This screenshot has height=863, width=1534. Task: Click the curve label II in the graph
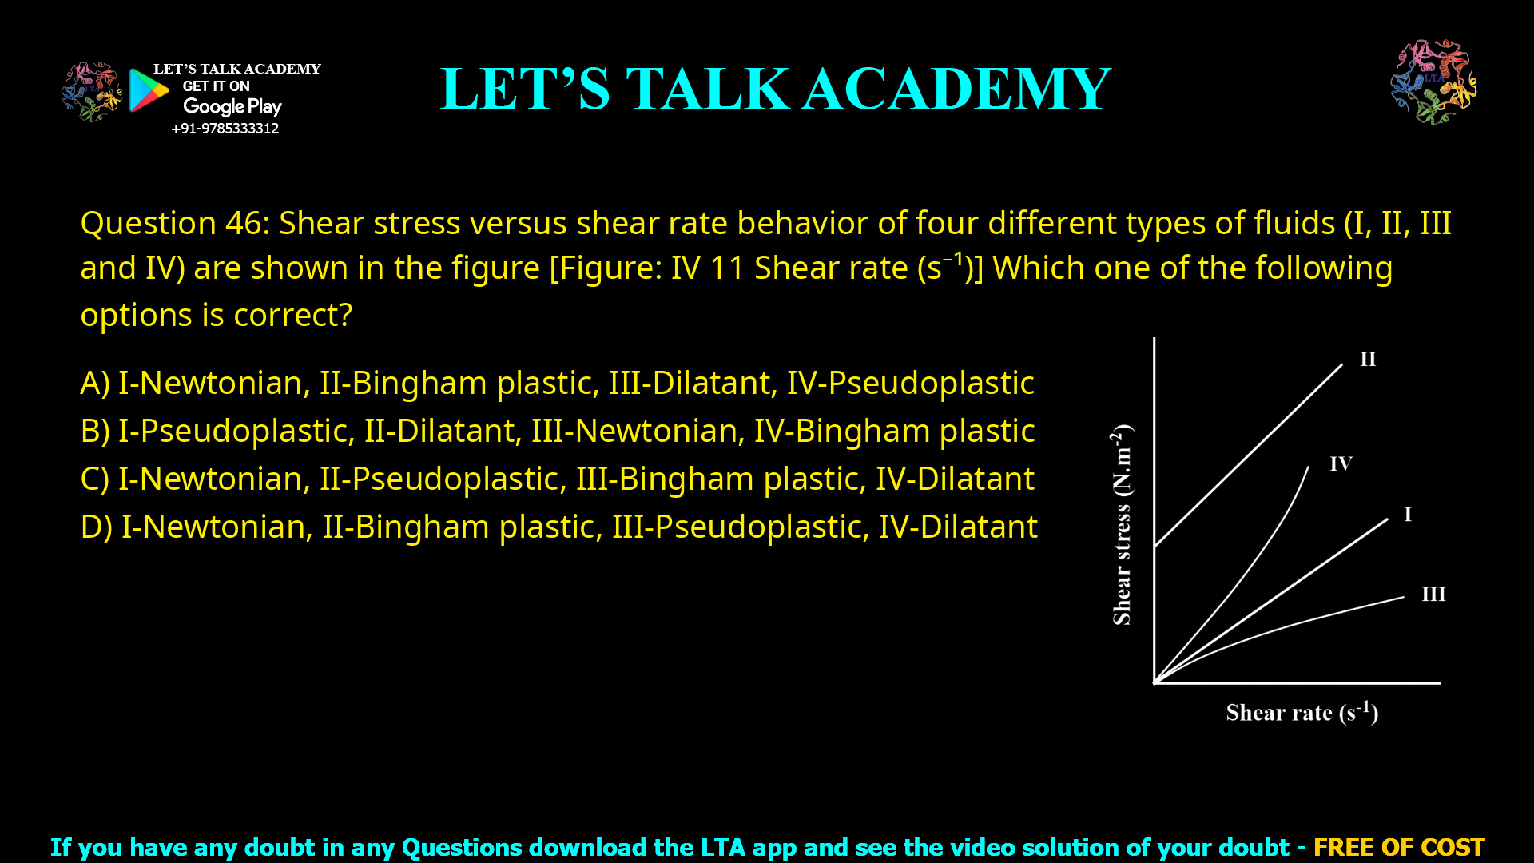coord(1368,360)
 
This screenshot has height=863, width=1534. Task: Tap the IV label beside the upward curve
coord(1341,464)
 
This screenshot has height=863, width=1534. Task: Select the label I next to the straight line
coord(1408,515)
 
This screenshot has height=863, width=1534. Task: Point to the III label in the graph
coord(1433,595)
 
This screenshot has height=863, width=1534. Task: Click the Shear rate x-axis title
coord(1302,712)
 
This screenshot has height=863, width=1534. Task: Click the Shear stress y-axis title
coord(1123,525)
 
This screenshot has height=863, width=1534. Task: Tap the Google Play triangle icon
coord(149,90)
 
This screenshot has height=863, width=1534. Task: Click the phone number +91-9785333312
coord(225,129)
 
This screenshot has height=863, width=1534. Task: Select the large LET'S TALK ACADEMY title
coord(775,89)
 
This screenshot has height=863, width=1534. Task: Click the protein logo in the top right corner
coord(1433,82)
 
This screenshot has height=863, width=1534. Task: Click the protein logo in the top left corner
coord(91,92)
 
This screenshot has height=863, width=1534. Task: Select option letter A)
coord(95,384)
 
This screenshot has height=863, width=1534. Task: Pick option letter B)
coord(95,431)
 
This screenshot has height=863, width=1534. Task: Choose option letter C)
coord(95,479)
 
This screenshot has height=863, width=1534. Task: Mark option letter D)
coord(96,527)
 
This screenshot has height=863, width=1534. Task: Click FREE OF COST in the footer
coord(1399,847)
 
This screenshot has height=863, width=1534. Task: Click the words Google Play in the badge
coord(232,107)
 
